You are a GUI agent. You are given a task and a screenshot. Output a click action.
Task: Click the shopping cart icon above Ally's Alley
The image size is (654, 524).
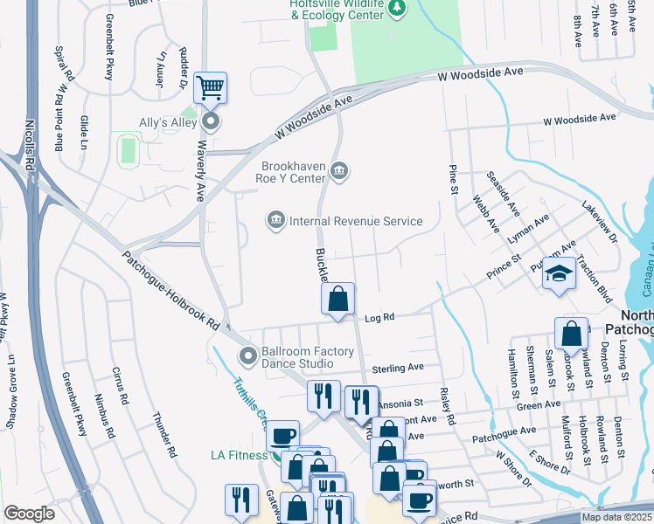[x=210, y=87]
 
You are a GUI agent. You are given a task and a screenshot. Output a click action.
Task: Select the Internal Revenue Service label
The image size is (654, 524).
[x=356, y=221]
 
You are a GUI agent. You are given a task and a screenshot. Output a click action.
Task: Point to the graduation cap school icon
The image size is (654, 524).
[x=559, y=273]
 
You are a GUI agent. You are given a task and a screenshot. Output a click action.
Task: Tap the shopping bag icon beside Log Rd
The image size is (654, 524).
[x=337, y=299]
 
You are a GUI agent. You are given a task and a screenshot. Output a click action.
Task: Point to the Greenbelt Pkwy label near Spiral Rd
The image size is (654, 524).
[x=109, y=47]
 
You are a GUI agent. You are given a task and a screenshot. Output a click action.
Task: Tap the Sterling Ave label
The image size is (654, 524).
[x=398, y=369]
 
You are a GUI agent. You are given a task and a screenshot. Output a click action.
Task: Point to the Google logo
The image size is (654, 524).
[x=29, y=514]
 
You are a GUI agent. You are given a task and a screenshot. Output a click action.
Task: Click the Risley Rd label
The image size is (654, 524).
[x=448, y=407]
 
